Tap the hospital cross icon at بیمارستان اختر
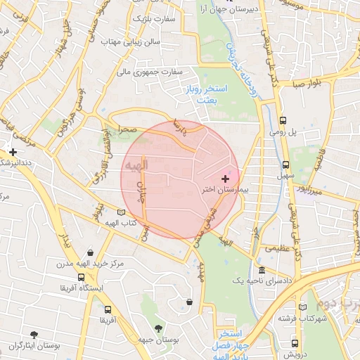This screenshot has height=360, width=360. [225, 179]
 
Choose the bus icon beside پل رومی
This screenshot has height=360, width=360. [283, 120]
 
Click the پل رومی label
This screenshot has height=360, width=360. [283, 131]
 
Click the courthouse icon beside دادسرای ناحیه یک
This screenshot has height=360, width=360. [262, 271]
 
